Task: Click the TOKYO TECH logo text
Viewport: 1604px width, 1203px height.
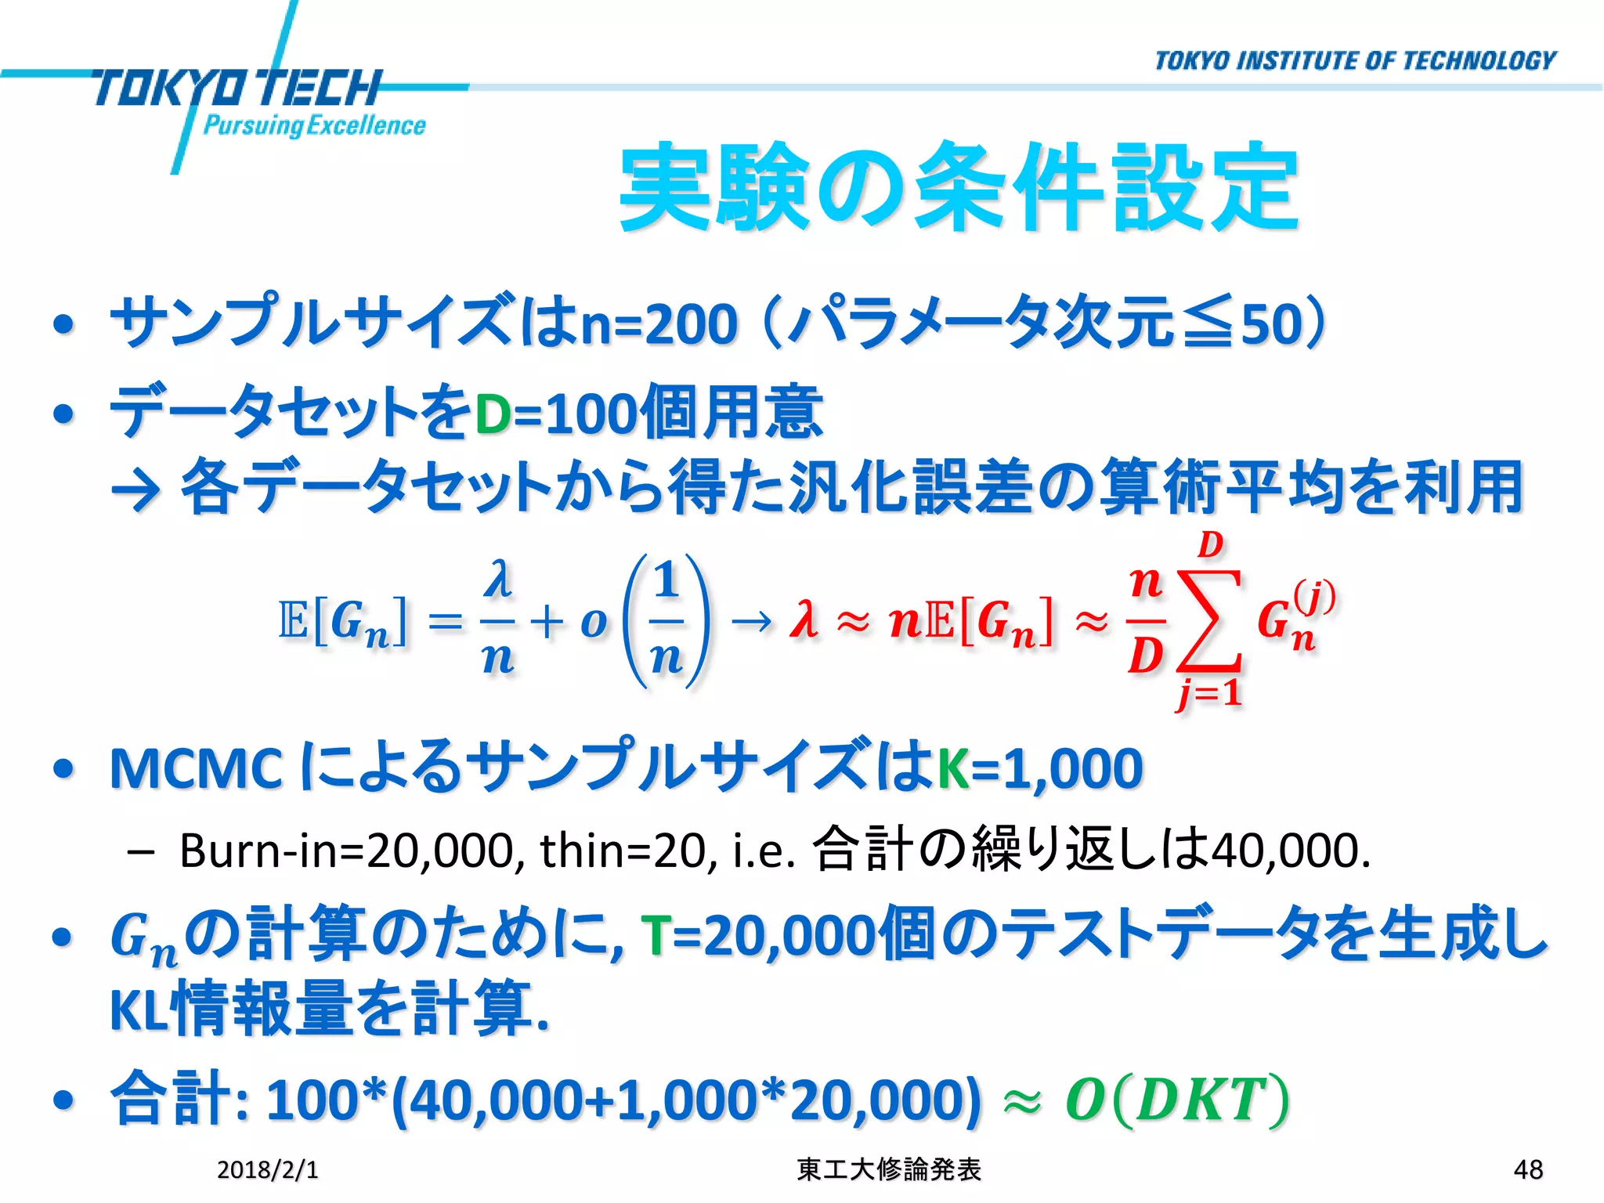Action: click(x=235, y=88)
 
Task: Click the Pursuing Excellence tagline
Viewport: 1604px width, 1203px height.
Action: click(x=314, y=125)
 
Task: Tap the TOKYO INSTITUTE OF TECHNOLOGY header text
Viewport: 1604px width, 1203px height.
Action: click(x=1355, y=61)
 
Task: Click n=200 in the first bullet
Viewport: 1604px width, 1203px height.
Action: click(x=659, y=324)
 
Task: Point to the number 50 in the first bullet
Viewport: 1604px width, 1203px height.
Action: click(x=1269, y=324)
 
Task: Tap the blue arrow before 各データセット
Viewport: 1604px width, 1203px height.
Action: click(x=137, y=490)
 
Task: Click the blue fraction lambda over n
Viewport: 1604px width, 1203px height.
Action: click(x=498, y=619)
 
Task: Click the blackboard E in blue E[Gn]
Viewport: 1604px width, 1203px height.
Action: click(x=293, y=620)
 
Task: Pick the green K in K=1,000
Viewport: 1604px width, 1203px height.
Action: click(x=953, y=768)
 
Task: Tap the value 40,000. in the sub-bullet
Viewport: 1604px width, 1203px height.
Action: click(x=1291, y=851)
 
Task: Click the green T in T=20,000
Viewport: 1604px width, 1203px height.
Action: click(x=655, y=936)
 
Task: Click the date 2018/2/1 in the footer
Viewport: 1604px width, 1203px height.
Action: click(x=267, y=1169)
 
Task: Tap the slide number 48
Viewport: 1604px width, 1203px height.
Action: click(x=1528, y=1169)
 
